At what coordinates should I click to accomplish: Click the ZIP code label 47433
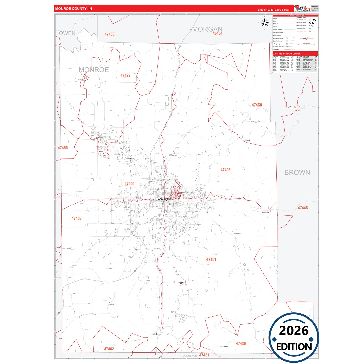point(109,34)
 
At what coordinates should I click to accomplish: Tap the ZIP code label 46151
point(217,33)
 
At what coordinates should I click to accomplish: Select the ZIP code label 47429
point(125,75)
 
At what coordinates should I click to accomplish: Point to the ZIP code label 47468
point(257,105)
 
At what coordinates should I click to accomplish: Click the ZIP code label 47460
point(63,148)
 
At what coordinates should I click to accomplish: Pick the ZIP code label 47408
point(225,170)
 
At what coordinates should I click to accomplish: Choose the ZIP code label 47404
point(129,184)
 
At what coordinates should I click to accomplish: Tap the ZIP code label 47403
point(76,219)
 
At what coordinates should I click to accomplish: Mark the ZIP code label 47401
point(211,260)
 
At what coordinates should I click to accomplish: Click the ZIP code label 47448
point(303,208)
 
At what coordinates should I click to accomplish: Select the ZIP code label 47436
point(241,343)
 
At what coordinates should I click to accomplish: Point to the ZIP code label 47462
point(109,349)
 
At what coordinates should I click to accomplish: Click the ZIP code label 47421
point(204,355)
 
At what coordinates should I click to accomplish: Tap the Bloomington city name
point(163,199)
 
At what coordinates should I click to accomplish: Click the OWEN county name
point(67,33)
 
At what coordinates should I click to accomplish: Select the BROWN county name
point(297,172)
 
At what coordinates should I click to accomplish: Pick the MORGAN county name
point(207,29)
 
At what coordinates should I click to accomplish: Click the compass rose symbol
point(265,23)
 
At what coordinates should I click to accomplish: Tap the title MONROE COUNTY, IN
point(74,9)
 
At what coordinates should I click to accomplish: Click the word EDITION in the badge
point(294,347)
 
